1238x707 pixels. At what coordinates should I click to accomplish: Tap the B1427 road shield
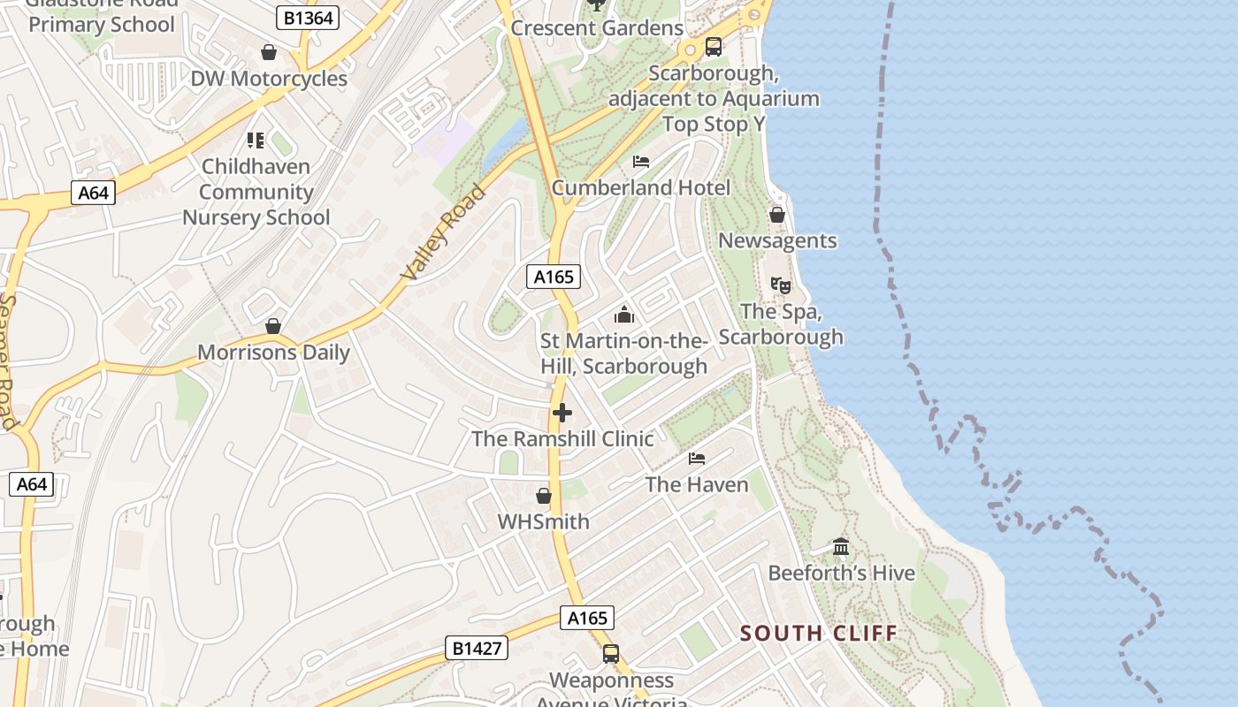point(477,648)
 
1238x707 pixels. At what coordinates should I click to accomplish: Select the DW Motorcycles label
point(269,79)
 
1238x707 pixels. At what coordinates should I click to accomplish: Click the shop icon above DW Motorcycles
point(269,53)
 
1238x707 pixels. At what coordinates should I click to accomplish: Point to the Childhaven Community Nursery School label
point(256,192)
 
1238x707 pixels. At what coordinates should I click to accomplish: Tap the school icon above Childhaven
point(256,140)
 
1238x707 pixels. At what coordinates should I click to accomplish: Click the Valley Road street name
point(444,232)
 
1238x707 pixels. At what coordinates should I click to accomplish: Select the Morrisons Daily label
point(273,353)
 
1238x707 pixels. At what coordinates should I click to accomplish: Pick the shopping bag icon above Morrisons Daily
point(273,326)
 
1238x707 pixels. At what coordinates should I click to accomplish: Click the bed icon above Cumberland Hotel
point(641,162)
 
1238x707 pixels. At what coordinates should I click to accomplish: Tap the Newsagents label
point(777,240)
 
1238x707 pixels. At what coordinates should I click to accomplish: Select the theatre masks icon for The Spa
point(780,285)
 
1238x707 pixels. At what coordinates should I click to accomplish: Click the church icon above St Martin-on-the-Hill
point(624,315)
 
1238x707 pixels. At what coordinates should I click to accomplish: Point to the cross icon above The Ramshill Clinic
point(562,413)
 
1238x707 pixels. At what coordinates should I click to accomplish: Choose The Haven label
point(697,484)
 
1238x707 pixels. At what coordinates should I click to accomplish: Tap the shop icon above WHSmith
point(544,496)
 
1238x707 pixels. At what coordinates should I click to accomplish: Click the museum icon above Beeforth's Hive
point(841,547)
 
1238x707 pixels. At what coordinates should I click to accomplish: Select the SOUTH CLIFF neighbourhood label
point(818,633)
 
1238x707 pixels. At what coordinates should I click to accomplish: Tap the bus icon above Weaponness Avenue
point(611,654)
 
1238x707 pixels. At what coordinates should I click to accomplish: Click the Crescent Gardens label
point(597,28)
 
